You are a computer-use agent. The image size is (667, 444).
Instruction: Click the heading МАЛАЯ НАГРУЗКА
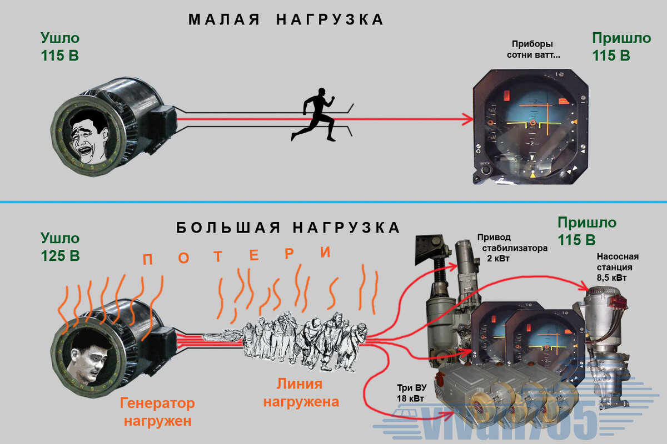pos(286,19)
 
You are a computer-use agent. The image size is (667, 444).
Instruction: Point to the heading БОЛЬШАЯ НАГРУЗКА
pos(288,228)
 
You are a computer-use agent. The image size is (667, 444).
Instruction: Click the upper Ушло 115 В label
pos(60,47)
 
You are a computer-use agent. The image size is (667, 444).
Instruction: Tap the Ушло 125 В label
pos(60,247)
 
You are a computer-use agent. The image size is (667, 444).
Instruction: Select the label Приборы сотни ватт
pos(533,49)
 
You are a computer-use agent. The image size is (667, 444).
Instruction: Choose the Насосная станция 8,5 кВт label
pos(618,267)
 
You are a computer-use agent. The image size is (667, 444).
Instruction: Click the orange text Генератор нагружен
pos(158,411)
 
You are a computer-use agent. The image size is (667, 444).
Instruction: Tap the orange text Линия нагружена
pos(301,392)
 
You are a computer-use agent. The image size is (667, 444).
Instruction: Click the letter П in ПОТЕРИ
pos(147,260)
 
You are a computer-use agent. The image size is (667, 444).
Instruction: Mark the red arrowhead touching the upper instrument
pos(467,118)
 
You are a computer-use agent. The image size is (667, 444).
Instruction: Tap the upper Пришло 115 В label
pos(621,47)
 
